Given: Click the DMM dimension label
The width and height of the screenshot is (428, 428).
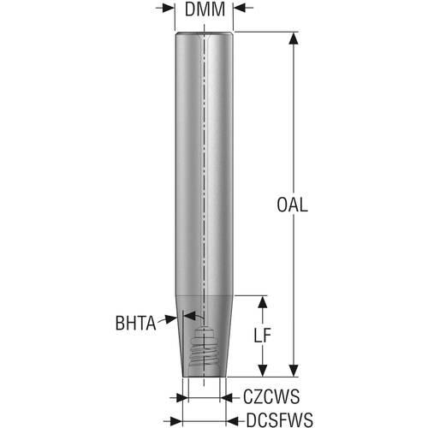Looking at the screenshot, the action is (x=205, y=9).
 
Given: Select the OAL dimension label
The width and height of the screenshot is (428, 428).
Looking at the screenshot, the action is (x=293, y=205).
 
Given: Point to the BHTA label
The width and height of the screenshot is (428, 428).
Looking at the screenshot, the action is (x=135, y=323).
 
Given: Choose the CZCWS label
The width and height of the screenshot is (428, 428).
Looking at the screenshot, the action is (x=271, y=396).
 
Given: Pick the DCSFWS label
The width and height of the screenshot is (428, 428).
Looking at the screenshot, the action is (x=280, y=419).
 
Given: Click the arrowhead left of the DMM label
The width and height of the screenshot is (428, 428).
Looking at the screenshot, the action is (x=169, y=9).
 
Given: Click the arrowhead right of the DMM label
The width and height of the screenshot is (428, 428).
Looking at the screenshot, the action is (x=240, y=9).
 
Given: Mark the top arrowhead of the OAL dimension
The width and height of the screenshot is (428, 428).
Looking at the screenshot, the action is (x=294, y=38).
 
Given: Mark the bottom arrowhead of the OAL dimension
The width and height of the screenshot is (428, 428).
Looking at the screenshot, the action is (x=294, y=371).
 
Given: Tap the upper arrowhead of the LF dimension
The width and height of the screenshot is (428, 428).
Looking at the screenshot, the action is (x=263, y=302).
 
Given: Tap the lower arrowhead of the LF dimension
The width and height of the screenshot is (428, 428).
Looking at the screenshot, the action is (x=263, y=371).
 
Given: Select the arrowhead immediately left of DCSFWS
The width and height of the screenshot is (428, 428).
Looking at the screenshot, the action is (x=232, y=420).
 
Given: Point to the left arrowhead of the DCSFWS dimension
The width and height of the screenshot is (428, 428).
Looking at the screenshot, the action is (x=176, y=420).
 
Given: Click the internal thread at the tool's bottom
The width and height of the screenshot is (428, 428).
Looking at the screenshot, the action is (x=204, y=350).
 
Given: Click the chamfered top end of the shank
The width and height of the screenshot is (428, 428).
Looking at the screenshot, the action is (x=204, y=34).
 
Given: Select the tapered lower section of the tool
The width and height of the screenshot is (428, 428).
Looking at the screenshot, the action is (x=204, y=336).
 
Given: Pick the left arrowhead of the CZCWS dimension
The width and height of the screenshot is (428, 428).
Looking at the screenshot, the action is (x=182, y=397).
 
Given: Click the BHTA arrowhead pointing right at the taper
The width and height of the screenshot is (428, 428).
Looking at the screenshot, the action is (x=171, y=318).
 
